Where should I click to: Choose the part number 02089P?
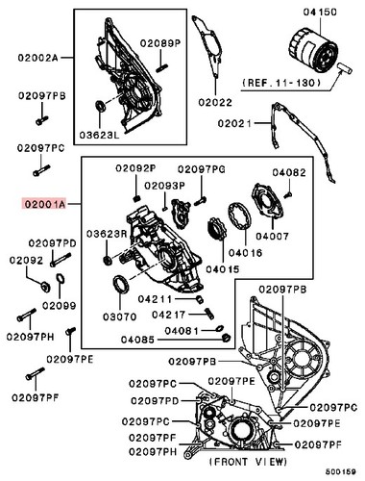pyautogui.click(x=159, y=43)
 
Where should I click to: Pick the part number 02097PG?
pyautogui.click(x=201, y=169)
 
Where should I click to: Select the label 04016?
pyautogui.click(x=244, y=251)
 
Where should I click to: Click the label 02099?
pyautogui.click(x=58, y=306)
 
